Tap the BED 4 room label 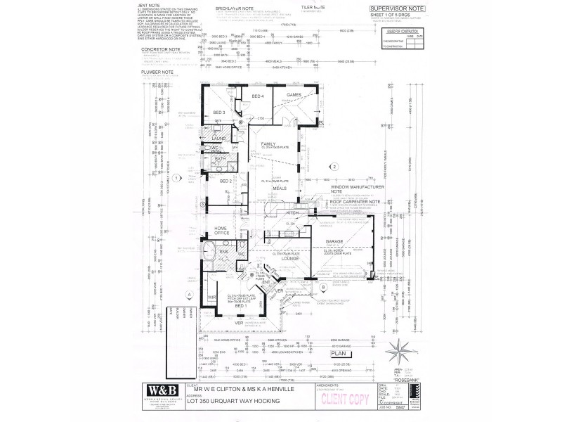(x=257, y=96)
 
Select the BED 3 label (x=219, y=113)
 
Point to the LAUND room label (x=218, y=139)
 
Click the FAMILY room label (x=268, y=143)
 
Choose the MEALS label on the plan (x=280, y=188)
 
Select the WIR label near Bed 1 (x=210, y=299)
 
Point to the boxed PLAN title (x=341, y=355)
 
